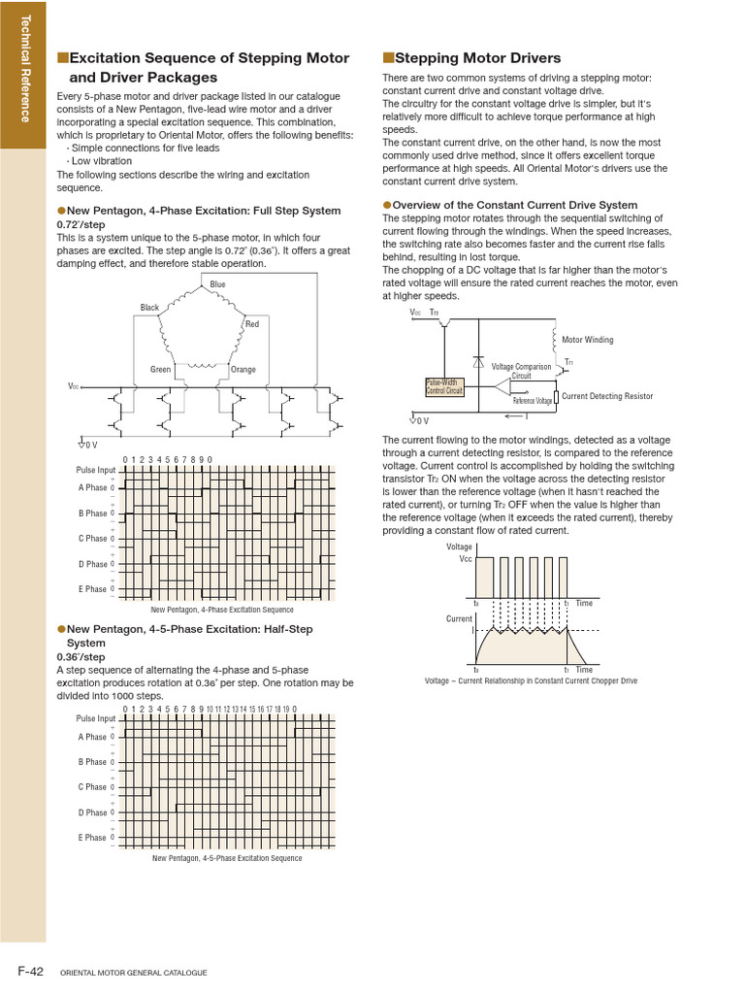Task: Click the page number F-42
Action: coord(29,971)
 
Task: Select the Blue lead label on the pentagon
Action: coord(217,284)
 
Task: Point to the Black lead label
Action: coord(149,308)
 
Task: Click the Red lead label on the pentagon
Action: coord(251,323)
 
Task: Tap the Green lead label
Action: coord(161,370)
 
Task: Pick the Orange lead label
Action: coord(243,370)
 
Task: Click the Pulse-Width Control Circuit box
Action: coord(445,386)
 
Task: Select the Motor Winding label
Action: coord(588,340)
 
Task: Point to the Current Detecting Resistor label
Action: coord(607,396)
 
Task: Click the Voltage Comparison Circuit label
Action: coord(521,371)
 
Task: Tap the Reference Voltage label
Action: coord(532,401)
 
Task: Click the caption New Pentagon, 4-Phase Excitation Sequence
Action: coord(222,610)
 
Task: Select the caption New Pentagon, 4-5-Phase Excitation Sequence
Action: coord(227,858)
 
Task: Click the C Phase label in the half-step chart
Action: coord(92,787)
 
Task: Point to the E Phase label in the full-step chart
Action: coord(92,589)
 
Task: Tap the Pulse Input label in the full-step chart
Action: coord(95,470)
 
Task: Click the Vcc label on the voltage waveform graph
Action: coord(465,558)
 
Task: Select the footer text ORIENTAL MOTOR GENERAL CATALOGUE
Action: coord(134,973)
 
